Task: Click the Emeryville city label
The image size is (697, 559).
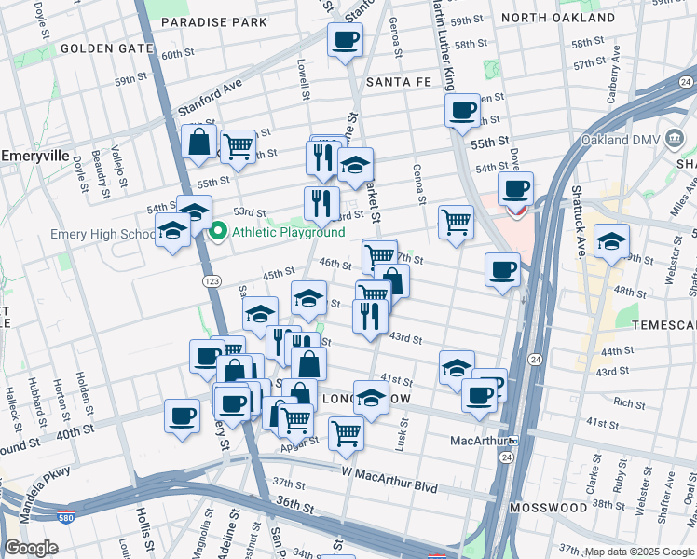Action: coord(36,156)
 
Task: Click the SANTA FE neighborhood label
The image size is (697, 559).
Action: coord(398,82)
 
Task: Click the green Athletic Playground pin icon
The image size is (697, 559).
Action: coord(219,232)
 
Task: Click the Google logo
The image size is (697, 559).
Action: coord(31,548)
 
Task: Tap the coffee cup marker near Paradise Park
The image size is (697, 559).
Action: coord(345,39)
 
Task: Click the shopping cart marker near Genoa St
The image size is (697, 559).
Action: coord(456,221)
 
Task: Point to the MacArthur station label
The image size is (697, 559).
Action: coord(477,440)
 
